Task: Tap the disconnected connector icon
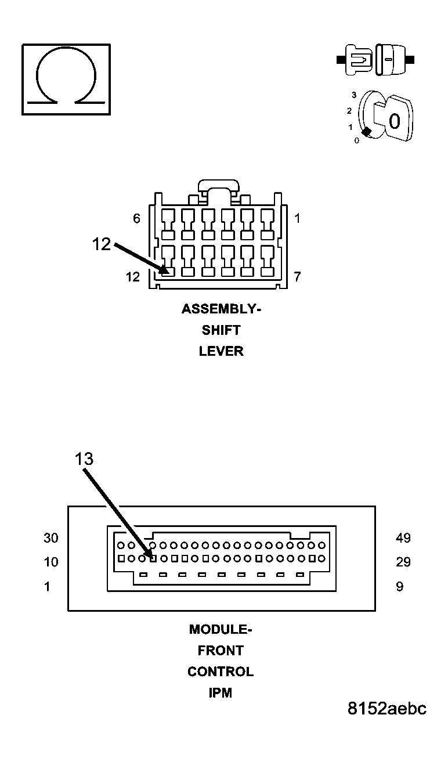click(376, 59)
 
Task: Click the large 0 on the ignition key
click(395, 121)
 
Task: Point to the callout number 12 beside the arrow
click(101, 244)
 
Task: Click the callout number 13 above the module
click(84, 459)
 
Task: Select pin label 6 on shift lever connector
click(137, 219)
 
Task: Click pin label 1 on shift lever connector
click(297, 219)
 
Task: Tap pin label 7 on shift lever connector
click(297, 277)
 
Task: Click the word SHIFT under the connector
click(221, 330)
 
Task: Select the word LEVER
click(221, 351)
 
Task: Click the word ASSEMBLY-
click(221, 309)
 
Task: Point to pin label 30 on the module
click(51, 538)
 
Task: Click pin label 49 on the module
click(403, 538)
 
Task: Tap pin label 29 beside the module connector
click(403, 562)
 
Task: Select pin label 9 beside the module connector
click(399, 587)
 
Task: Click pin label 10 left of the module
click(51, 562)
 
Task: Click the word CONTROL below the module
click(221, 672)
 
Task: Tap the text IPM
click(221, 693)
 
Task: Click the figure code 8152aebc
click(387, 709)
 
